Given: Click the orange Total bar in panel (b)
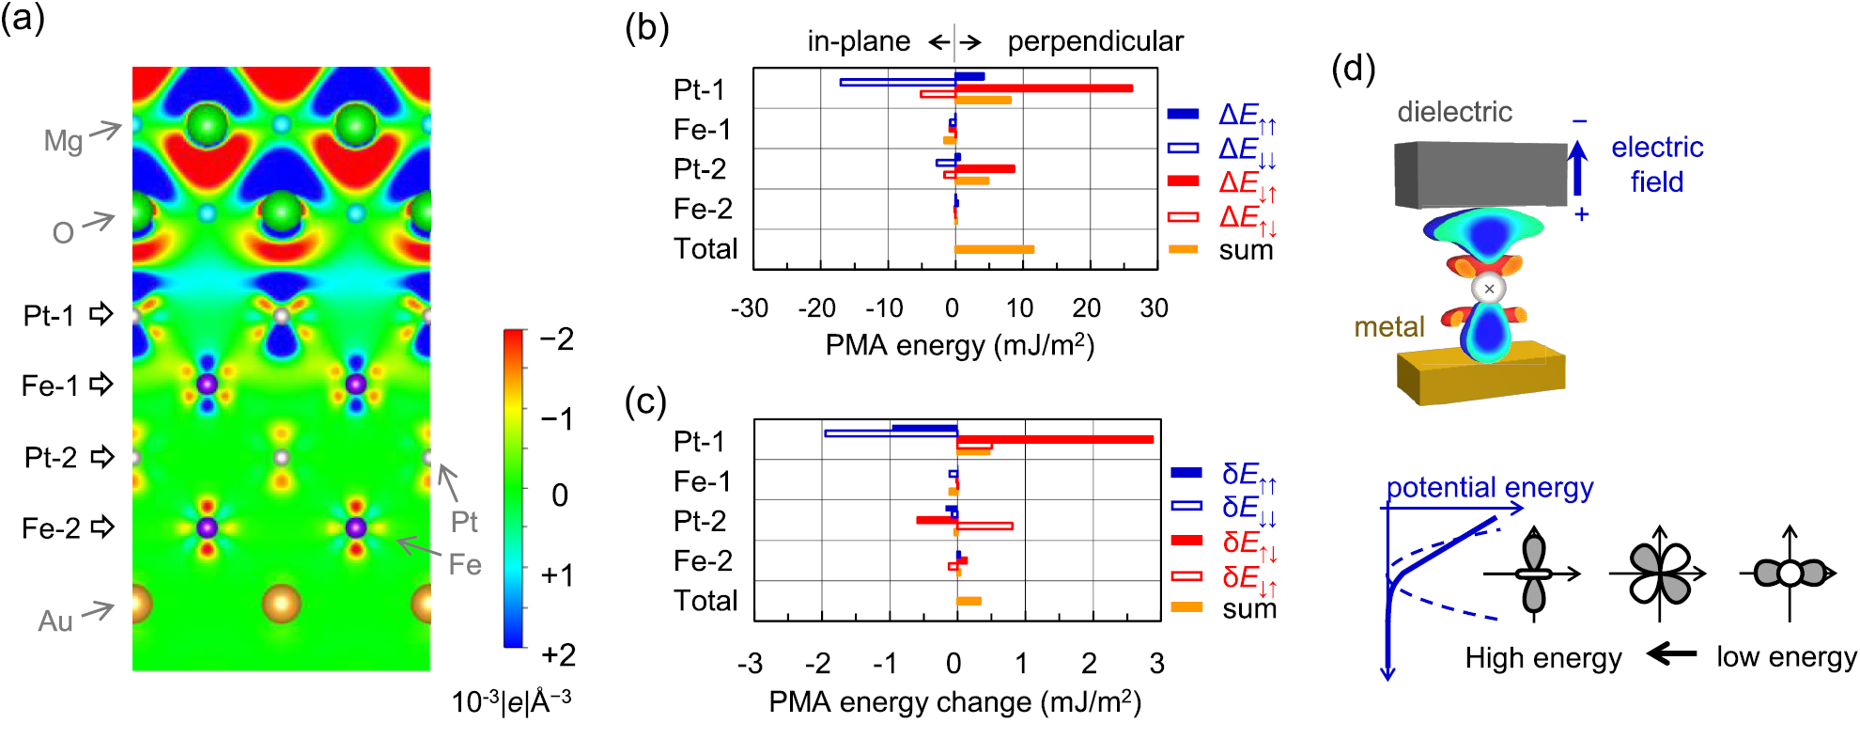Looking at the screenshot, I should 994,249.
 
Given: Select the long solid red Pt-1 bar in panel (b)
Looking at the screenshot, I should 1043,88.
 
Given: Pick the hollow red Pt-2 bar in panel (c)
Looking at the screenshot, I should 984,526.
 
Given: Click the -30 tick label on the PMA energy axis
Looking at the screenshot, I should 750,308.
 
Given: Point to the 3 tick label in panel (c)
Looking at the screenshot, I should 1156,664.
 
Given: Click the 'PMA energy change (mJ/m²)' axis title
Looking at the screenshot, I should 954,702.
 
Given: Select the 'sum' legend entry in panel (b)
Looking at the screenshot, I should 1246,250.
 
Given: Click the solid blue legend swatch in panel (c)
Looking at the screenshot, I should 1186,472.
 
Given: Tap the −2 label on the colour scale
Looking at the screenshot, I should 556,338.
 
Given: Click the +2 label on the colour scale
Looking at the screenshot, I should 558,654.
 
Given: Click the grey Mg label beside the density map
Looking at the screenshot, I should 63,141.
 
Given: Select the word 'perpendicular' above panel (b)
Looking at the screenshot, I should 1094,41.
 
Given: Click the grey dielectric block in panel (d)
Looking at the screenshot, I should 1480,175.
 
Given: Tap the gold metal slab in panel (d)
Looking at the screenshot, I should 1480,376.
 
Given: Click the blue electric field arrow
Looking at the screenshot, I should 1578,169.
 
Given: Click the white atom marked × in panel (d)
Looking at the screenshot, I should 1489,289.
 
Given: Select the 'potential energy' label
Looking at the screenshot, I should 1490,488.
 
